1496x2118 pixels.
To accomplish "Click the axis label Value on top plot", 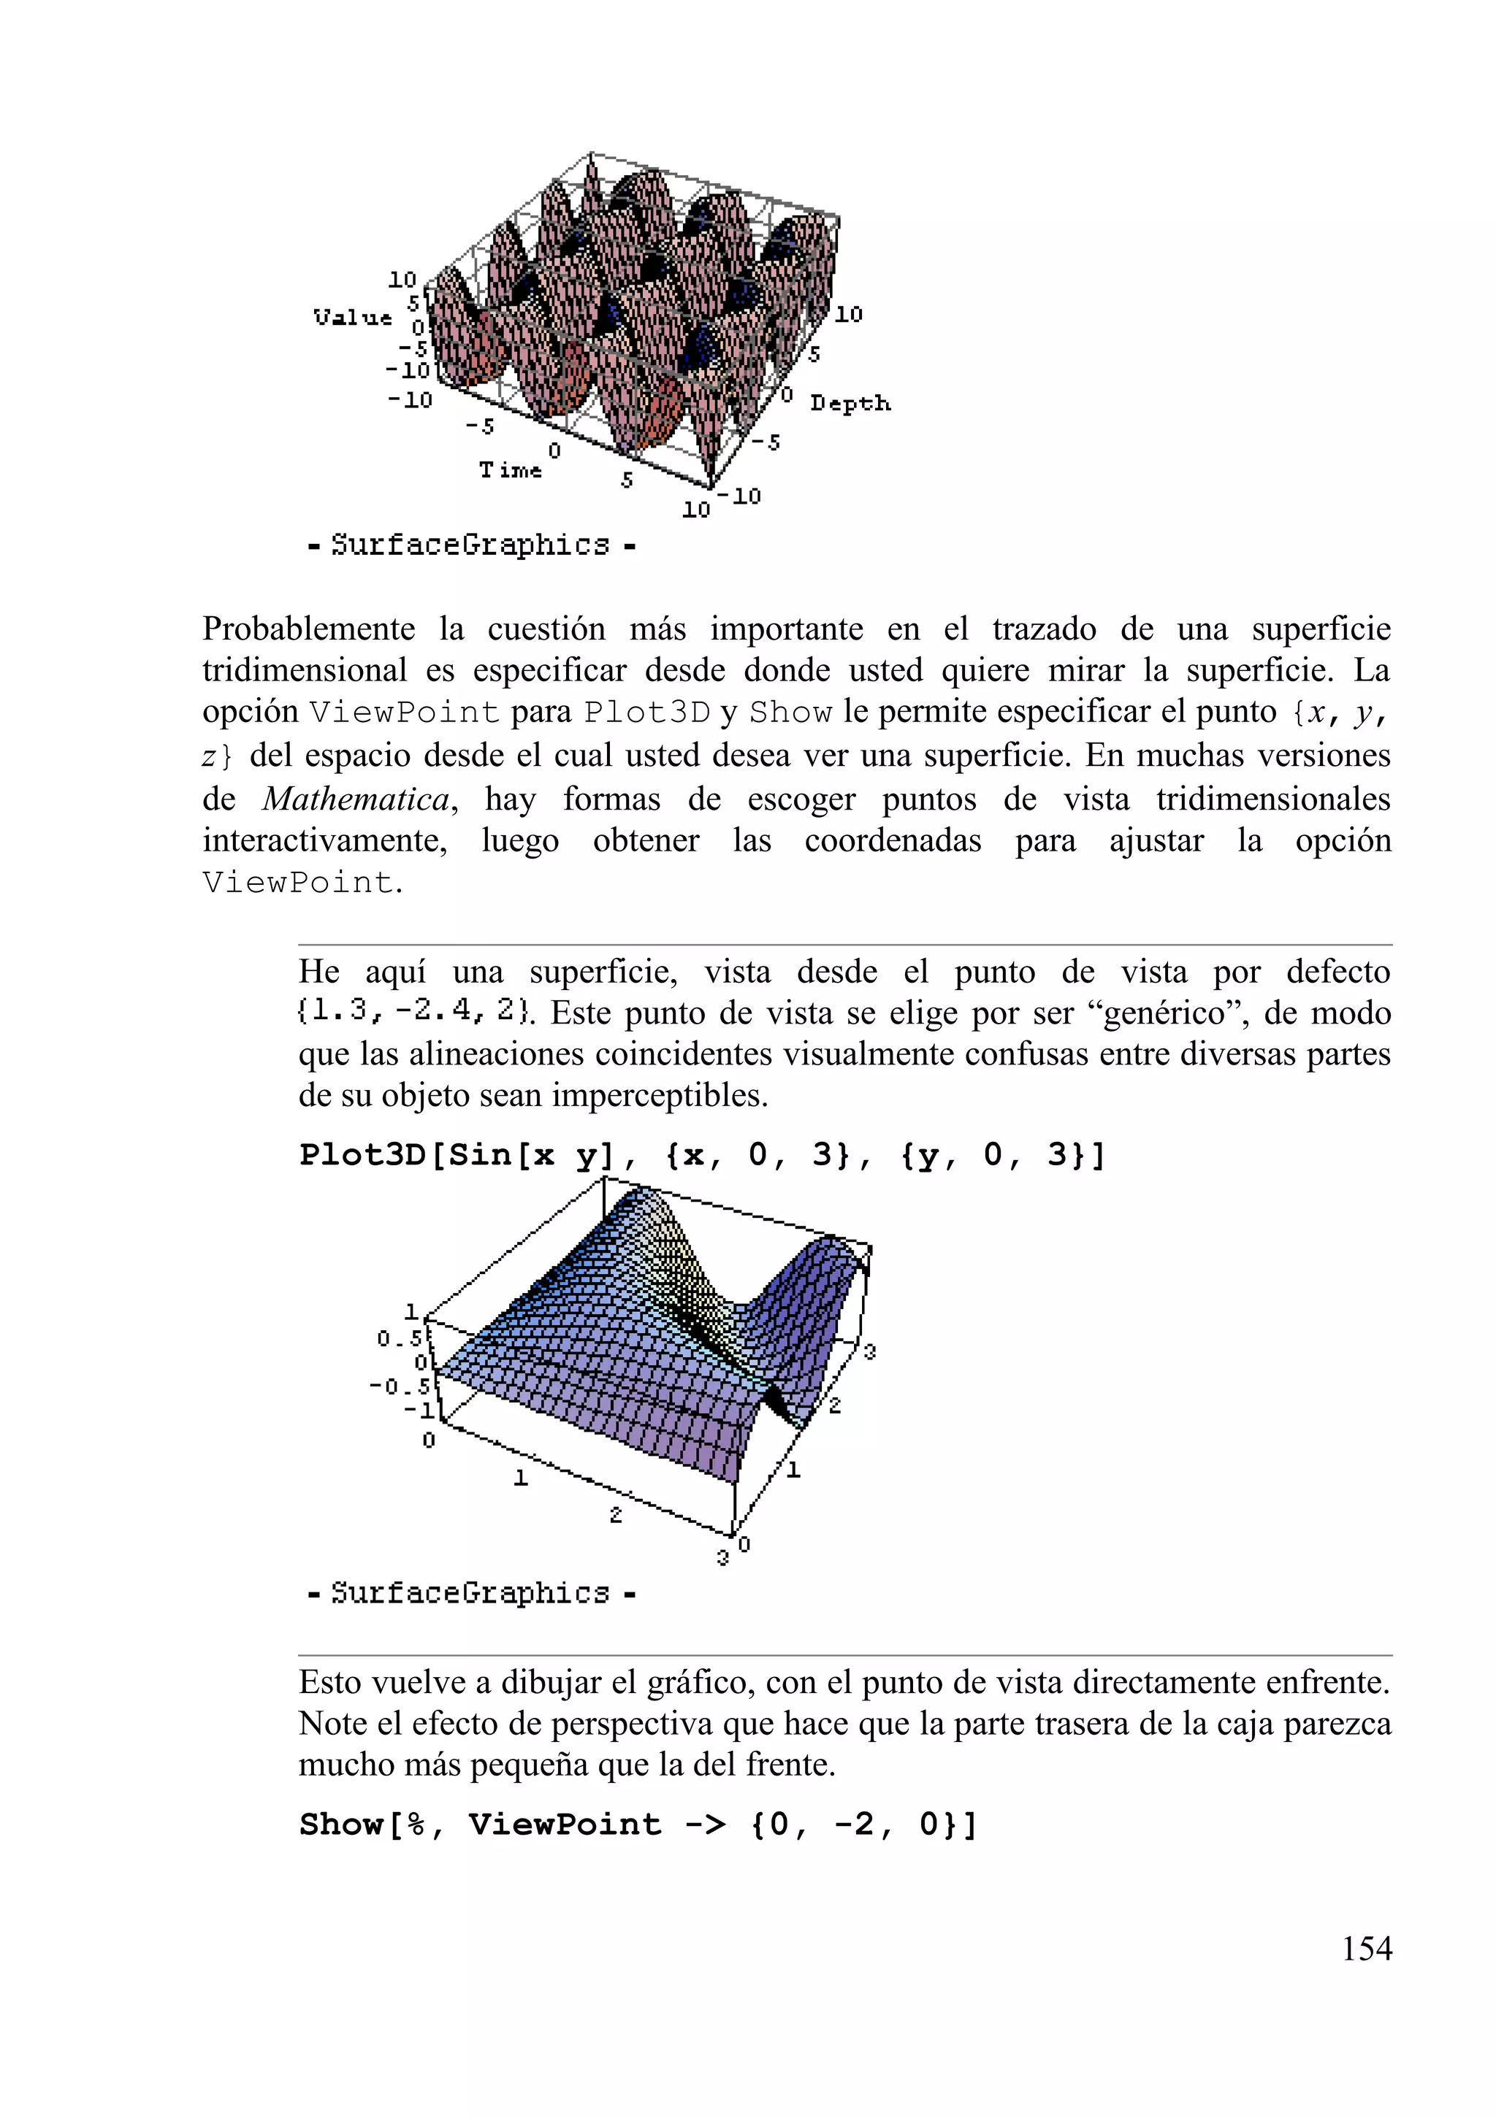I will click(353, 318).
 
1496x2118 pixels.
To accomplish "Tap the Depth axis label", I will click(850, 403).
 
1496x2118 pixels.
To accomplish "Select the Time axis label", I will click(509, 470).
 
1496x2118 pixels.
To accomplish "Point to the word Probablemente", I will click(308, 629).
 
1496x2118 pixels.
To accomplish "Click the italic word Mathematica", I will click(356, 799).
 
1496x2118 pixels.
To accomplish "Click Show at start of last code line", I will click(340, 1824).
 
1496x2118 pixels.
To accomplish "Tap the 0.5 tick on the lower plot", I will click(399, 1338).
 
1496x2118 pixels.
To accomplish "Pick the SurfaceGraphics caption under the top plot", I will click(470, 545).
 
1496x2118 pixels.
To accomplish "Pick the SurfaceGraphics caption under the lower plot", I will click(470, 1593).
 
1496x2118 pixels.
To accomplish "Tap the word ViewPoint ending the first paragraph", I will click(298, 883).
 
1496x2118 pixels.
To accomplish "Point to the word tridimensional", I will click(305, 671).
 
